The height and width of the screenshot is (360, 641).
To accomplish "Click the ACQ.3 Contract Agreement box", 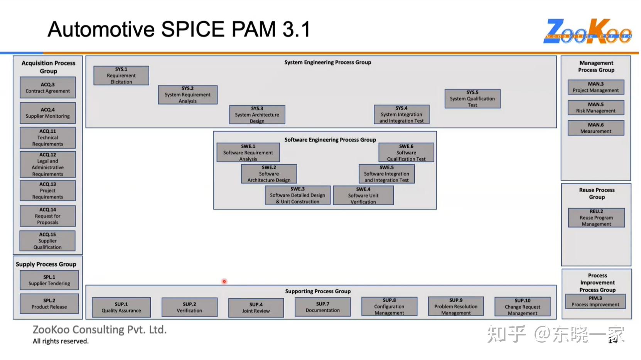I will [x=47, y=88].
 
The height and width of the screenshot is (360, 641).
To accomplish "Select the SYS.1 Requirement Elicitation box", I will [x=121, y=76].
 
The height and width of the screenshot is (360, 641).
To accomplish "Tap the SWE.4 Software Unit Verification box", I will [x=363, y=196].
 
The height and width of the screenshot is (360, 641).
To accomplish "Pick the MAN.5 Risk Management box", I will [x=595, y=108].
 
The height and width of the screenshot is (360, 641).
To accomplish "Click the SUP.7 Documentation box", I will [x=322, y=307].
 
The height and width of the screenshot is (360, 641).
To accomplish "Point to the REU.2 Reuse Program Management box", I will [x=596, y=218].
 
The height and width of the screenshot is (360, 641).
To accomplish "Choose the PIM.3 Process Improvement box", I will [x=595, y=301].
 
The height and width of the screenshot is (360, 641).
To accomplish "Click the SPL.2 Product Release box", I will [x=49, y=304].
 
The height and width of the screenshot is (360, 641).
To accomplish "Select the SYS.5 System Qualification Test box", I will [x=472, y=99].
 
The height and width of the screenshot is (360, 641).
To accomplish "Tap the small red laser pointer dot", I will [x=224, y=281].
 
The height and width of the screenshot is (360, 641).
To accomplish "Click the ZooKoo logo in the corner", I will [x=588, y=31].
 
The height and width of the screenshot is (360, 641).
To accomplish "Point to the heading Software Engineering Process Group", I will [x=330, y=140].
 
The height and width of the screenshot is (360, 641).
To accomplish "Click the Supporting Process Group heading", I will [x=318, y=291].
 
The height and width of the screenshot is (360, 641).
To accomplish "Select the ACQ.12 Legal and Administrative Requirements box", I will [x=47, y=164].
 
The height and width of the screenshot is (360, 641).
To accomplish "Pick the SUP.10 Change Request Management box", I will [x=522, y=307].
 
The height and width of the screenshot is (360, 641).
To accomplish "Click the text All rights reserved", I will [x=61, y=341].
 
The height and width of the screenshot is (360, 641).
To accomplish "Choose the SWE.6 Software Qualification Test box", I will [x=406, y=152].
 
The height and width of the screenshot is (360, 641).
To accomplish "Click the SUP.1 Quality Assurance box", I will [x=121, y=307].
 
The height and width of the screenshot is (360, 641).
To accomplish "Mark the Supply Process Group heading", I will [x=46, y=264].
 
